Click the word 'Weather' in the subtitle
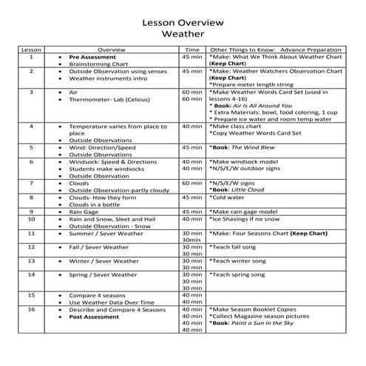point(183,34)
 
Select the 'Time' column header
point(192,49)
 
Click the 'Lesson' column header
point(31,49)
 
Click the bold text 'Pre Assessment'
point(92,57)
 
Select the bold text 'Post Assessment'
point(94,316)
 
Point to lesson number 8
point(31,197)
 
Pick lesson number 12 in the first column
point(31,247)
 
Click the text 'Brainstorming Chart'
point(100,64)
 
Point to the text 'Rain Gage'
point(86,211)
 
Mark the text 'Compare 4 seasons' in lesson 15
point(101,295)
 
